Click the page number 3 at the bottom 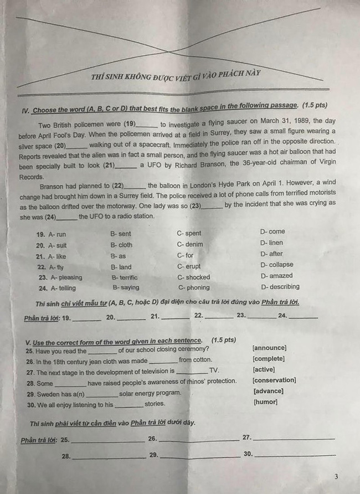[336, 476]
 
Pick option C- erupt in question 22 [189, 266]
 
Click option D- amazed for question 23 [277, 276]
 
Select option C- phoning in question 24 [194, 287]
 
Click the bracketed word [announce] [269, 348]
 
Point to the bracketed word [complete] [269, 359]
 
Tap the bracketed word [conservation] [274, 380]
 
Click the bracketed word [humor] [265, 402]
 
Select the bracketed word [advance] [268, 391]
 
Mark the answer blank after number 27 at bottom [294, 438]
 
